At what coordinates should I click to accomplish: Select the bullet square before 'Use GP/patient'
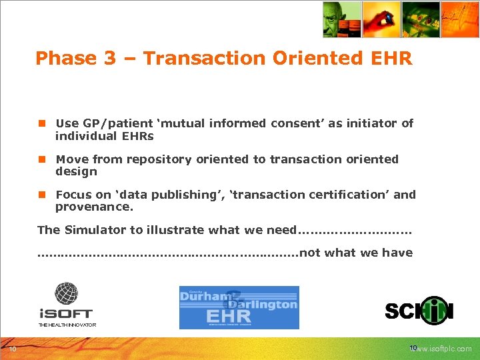41,123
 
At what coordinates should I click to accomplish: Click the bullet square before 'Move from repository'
41,159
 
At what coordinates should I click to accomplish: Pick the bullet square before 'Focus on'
41,195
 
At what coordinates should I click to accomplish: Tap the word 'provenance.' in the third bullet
94,207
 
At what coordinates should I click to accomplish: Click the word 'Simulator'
95,230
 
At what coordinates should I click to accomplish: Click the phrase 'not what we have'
356,253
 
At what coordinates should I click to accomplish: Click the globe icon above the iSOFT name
66,294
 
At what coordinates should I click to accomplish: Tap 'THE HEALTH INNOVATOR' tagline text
67,325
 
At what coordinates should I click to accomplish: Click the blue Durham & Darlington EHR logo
239,307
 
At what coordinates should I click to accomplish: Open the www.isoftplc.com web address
443,349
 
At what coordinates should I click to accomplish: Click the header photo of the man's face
341,19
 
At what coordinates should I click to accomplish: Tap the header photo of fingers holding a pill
381,19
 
